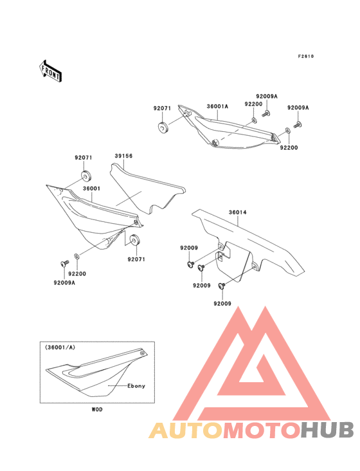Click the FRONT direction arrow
pos(50,71)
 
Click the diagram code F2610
pos(306,56)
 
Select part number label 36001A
pos(217,106)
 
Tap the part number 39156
pos(123,156)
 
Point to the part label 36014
pos(238,212)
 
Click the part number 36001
pos(91,189)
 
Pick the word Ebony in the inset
pos(136,386)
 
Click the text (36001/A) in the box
pos(60,347)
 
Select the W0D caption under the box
pos(97,409)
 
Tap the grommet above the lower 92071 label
pos(133,240)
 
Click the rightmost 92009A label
pos(298,107)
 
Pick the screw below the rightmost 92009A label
pos(298,125)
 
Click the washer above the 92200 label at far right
pos(287,131)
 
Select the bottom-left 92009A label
pos(64,282)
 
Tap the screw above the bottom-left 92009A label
pos(64,263)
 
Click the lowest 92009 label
pos(222,304)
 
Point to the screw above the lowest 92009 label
pos(222,286)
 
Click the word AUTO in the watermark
pos(186,430)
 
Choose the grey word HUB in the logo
pos(327,430)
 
